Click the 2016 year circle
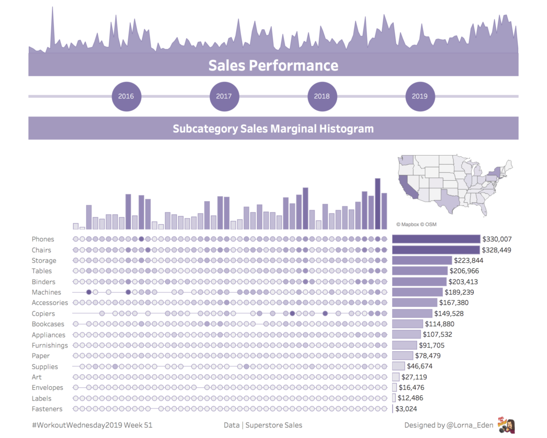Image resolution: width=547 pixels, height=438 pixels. pyautogui.click(x=126, y=96)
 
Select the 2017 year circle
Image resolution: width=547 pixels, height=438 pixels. pyautogui.click(x=224, y=96)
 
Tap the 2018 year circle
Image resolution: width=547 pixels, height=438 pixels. pyautogui.click(x=322, y=96)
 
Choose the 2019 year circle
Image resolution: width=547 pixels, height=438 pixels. pyautogui.click(x=420, y=96)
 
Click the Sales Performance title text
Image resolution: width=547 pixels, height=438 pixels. pyautogui.click(x=273, y=65)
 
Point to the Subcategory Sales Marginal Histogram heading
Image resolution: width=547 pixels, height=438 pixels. pyautogui.click(x=273, y=128)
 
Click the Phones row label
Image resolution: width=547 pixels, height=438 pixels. pyautogui.click(x=43, y=239)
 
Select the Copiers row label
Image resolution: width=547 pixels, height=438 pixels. pyautogui.click(x=43, y=313)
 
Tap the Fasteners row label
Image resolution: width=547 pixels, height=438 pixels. pyautogui.click(x=47, y=409)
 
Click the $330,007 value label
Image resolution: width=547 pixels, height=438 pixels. pyautogui.click(x=497, y=239)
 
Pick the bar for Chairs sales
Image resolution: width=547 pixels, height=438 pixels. pyautogui.click(x=436, y=250)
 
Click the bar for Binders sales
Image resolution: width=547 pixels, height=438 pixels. pyautogui.click(x=419, y=281)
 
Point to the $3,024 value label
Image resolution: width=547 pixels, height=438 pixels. pyautogui.click(x=406, y=409)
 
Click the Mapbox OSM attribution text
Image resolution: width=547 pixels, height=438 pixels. pyautogui.click(x=416, y=224)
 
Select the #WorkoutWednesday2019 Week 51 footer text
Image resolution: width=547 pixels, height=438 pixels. pyautogui.click(x=88, y=425)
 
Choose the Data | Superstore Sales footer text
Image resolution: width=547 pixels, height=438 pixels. pyautogui.click(x=263, y=425)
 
